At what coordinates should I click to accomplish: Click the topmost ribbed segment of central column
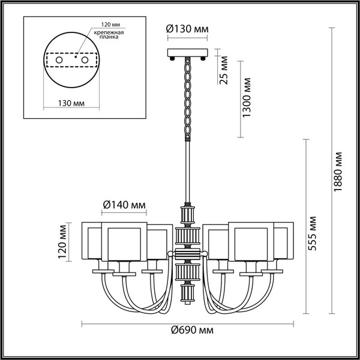(186, 214)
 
